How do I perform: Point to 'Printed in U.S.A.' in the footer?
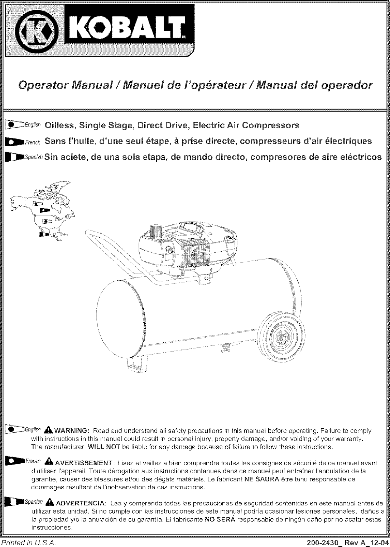click(x=28, y=542)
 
